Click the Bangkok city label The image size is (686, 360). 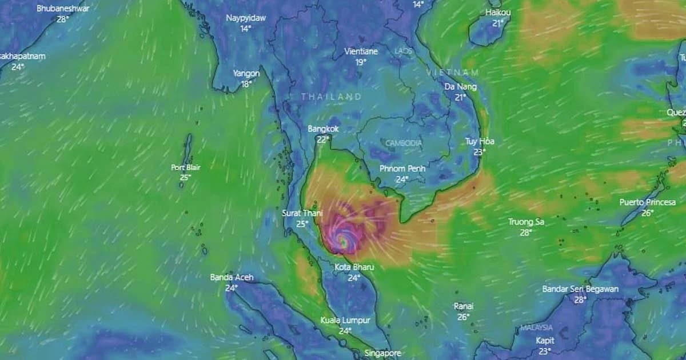[x=323, y=129]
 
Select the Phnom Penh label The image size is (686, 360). [x=402, y=169]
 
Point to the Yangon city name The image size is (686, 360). [x=246, y=74]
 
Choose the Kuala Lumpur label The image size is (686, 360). [x=345, y=320]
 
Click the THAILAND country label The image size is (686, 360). [x=332, y=97]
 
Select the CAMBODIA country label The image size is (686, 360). [x=404, y=143]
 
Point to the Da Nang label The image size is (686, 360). [x=461, y=87]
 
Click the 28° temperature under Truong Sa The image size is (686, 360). [x=526, y=232]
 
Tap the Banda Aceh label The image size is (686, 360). [x=232, y=278]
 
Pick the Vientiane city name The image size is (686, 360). [x=361, y=51]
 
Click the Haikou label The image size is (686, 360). [x=498, y=13]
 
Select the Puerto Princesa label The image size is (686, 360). [x=647, y=202]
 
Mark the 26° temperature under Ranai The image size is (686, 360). [x=463, y=317]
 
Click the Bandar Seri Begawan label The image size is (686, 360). [x=580, y=289]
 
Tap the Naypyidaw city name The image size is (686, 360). [x=246, y=18]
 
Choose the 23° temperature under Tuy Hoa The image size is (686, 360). [x=479, y=152]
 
